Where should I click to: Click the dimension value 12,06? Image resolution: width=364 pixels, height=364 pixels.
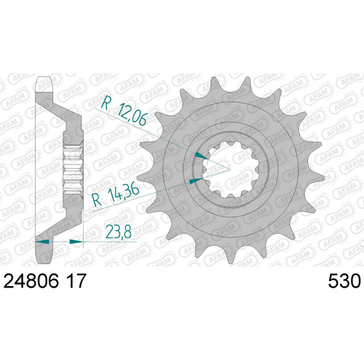pyautogui.click(x=132, y=114)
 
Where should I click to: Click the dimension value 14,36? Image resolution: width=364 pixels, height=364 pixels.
pyautogui.click(x=124, y=193)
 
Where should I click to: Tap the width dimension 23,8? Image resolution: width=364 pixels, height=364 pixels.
pyautogui.click(x=119, y=232)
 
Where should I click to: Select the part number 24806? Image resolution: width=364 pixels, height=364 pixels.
pyautogui.click(x=31, y=281)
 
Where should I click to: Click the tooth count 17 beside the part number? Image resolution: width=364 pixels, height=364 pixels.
pyautogui.click(x=76, y=281)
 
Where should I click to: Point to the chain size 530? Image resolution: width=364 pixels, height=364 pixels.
pyautogui.click(x=344, y=282)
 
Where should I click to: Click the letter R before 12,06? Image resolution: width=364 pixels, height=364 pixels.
pyautogui.click(x=106, y=103)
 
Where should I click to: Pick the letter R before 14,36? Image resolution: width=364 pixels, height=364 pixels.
pyautogui.click(x=97, y=200)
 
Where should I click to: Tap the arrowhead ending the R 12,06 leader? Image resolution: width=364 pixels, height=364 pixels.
pyautogui.click(x=202, y=156)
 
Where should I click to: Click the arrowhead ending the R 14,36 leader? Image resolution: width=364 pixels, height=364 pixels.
pyautogui.click(x=196, y=181)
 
